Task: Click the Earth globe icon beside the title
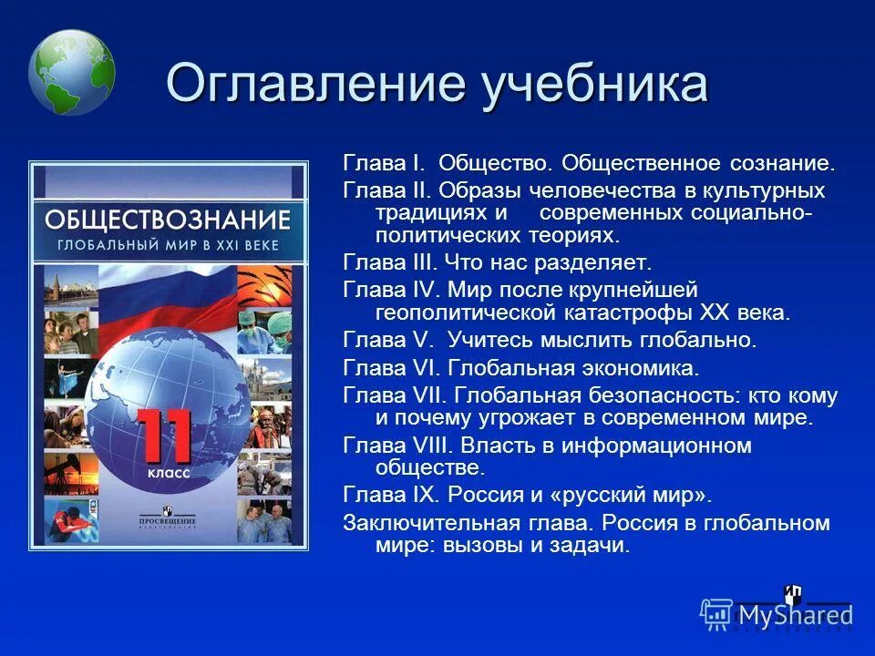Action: coord(71,72)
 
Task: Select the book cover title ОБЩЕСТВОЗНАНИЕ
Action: coord(168,220)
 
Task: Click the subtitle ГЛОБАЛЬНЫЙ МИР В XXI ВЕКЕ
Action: coord(168,246)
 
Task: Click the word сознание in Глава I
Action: coord(780,164)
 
